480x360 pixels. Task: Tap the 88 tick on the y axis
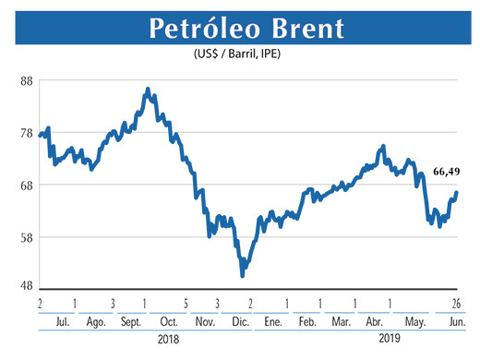25,80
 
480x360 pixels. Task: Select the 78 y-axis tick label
25,133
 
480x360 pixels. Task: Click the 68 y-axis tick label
25,185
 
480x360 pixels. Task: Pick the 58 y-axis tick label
25,237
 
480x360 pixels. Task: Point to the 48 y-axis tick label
25,285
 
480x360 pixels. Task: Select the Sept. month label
130,321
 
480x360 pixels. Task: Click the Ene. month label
271,321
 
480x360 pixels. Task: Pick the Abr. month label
375,321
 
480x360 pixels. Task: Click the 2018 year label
165,340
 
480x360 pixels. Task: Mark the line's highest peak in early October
148,90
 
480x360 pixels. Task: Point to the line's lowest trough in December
242,274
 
